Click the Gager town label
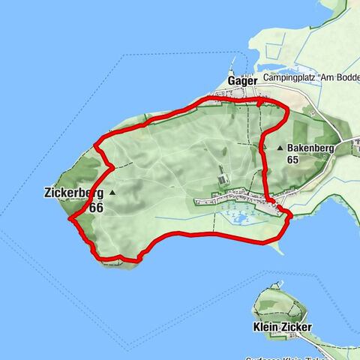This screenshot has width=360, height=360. click(242, 80)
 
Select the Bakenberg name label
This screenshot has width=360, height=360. click(309, 148)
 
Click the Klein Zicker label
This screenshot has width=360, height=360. click(277, 328)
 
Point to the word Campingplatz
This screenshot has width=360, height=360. click(293, 78)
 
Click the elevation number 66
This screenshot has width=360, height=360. click(95, 207)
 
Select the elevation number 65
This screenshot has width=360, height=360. click(292, 160)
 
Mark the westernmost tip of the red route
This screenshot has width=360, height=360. click(69, 219)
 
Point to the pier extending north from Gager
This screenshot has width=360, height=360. click(233, 63)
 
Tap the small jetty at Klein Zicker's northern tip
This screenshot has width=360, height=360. click(279, 283)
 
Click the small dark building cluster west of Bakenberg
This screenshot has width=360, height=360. click(223, 179)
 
